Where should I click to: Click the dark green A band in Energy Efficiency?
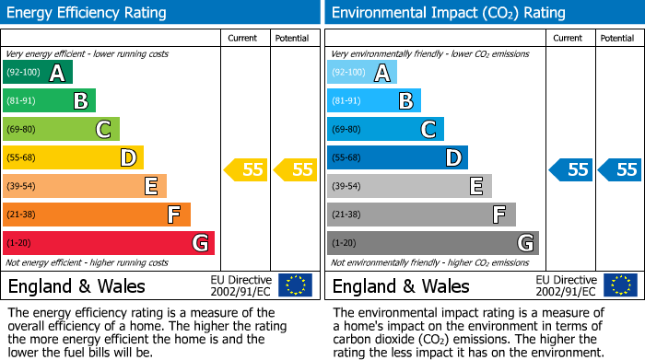[38, 73]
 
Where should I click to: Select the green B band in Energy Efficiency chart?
[50, 101]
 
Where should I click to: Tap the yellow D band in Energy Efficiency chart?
[73, 158]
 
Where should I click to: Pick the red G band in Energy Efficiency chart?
[109, 243]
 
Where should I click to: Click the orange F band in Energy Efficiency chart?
[97, 215]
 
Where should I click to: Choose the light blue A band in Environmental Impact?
[362, 73]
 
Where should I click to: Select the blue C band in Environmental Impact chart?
[385, 130]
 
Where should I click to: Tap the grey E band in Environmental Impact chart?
[409, 186]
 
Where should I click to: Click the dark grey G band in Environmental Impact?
[433, 243]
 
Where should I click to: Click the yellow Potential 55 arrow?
[295, 169]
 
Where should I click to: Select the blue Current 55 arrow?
[570, 169]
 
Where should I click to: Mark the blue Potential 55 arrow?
[620, 169]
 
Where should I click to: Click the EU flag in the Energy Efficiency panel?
[295, 285]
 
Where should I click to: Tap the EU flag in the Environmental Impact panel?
[620, 285]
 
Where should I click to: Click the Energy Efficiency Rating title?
[87, 13]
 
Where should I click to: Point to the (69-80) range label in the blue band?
[347, 130]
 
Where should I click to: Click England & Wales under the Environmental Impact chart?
[401, 286]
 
